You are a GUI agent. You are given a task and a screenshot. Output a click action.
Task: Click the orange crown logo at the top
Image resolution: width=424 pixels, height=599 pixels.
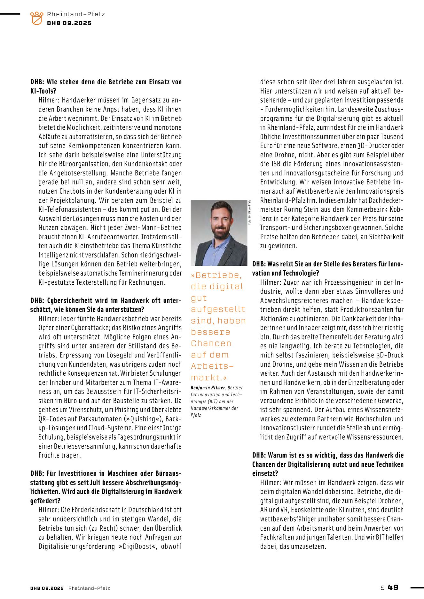(36, 18)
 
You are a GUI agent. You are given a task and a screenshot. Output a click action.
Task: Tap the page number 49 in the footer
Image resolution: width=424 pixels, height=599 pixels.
(393, 587)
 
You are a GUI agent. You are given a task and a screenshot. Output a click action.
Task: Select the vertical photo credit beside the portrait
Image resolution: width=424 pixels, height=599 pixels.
(249, 212)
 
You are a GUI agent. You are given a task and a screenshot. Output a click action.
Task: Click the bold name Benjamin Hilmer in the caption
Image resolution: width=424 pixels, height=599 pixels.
(208, 388)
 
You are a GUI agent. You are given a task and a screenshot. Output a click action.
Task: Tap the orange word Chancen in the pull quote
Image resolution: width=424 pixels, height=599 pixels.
(211, 343)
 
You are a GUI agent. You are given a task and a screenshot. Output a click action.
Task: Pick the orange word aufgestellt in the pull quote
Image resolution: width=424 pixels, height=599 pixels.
(218, 309)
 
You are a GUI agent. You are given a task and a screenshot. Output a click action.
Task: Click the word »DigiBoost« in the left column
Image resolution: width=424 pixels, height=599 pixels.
(138, 546)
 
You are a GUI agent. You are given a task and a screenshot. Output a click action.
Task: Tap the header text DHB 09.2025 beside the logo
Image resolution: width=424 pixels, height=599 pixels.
(69, 23)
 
